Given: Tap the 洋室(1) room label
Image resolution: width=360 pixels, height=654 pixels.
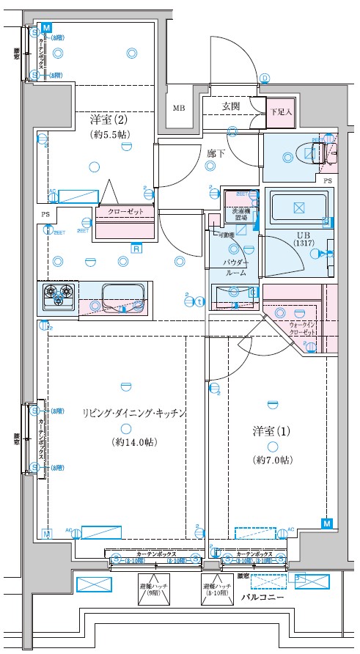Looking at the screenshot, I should pyautogui.click(x=272, y=431).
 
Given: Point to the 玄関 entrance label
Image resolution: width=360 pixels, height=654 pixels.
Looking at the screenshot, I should pyautogui.click(x=231, y=107).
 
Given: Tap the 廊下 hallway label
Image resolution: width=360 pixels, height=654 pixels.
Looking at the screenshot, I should pyautogui.click(x=216, y=154).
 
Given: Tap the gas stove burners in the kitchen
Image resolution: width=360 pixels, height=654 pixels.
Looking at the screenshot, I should pyautogui.click(x=59, y=295).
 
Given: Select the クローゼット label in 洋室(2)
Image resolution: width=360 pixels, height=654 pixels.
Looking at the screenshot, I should pyautogui.click(x=124, y=211).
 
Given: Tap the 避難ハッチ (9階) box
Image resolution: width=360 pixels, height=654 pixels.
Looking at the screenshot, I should pyautogui.click(x=153, y=590).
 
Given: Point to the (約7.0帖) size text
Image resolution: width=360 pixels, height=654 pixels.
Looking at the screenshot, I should pyautogui.click(x=272, y=460).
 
